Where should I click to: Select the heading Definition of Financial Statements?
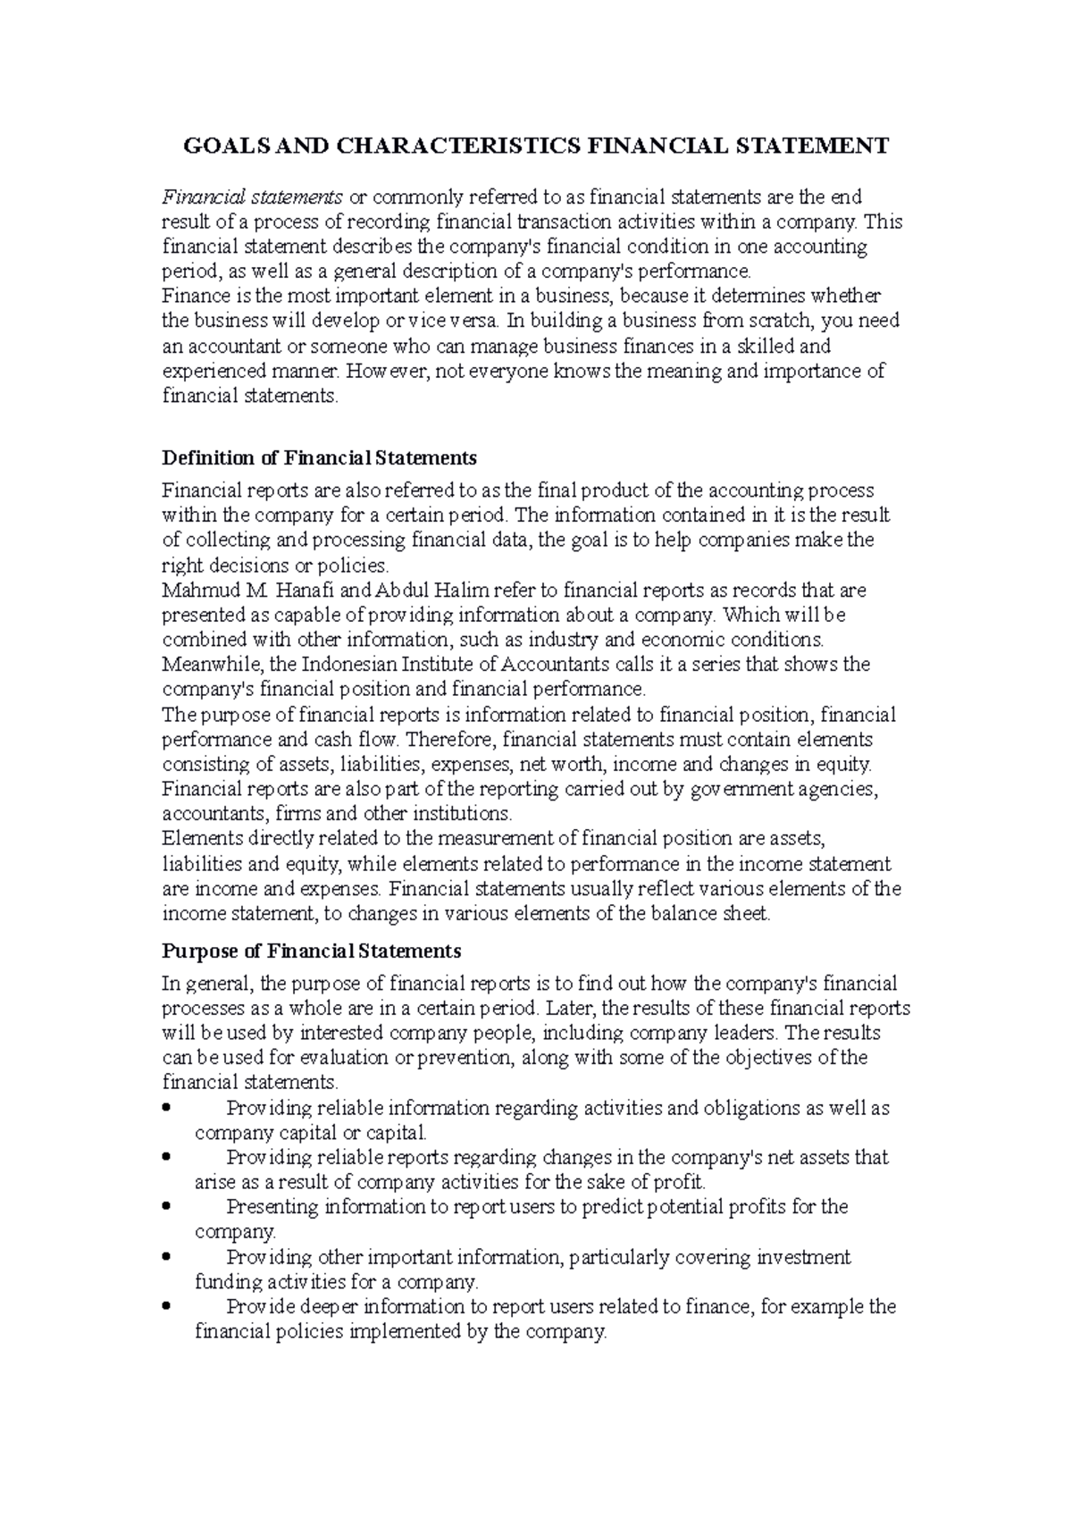click(x=319, y=458)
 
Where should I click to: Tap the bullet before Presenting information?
click(x=167, y=1207)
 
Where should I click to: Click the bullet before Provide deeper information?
click(x=167, y=1307)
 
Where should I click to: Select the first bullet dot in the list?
click(x=167, y=1109)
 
